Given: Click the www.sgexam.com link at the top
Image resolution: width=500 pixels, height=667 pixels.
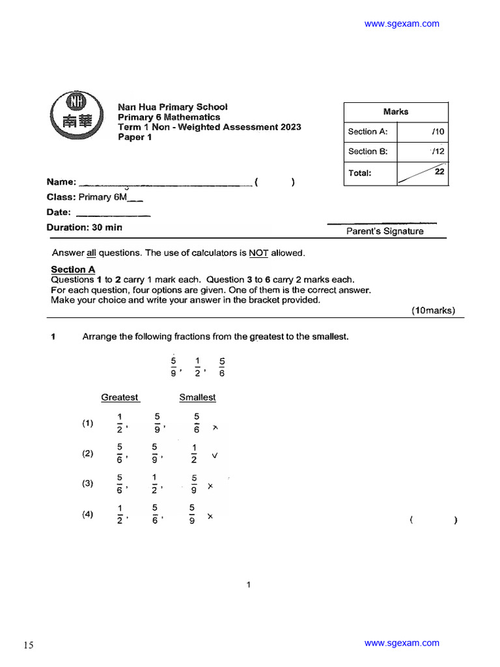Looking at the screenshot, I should pos(402,24).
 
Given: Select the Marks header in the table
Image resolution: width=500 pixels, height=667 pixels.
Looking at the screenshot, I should pos(396,112).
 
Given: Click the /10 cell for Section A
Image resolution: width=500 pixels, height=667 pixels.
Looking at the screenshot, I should pos(437,132).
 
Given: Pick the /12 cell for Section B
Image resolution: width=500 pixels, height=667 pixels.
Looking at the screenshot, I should pos(437,151).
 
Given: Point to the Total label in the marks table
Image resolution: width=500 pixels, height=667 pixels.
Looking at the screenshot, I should pos(359,173).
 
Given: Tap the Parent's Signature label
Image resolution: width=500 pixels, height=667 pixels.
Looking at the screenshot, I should pos(385,231).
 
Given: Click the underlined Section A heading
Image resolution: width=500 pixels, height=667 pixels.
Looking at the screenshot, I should pos(73,270).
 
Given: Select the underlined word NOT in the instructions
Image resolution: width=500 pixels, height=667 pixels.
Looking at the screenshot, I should pos(258,253).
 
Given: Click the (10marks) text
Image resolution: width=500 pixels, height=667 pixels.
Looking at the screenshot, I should pos(433,311).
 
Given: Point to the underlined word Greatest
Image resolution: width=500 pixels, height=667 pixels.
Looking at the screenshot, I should pos(120,397).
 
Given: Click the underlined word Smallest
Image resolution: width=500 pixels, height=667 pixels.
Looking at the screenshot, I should pos(197,397).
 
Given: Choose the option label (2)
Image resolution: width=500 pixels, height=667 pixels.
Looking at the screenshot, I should pos(88,454).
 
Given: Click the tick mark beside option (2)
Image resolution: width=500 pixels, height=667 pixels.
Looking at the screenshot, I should pos(214,456).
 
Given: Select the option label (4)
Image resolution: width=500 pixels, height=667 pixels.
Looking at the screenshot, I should pos(88,514).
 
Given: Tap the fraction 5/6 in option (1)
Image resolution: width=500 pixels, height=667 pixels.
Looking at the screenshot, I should pos(197,423).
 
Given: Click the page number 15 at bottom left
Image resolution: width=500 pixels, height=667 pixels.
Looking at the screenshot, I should pos(29,646).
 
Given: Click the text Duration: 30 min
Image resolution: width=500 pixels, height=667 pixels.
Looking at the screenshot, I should pos(84,227).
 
